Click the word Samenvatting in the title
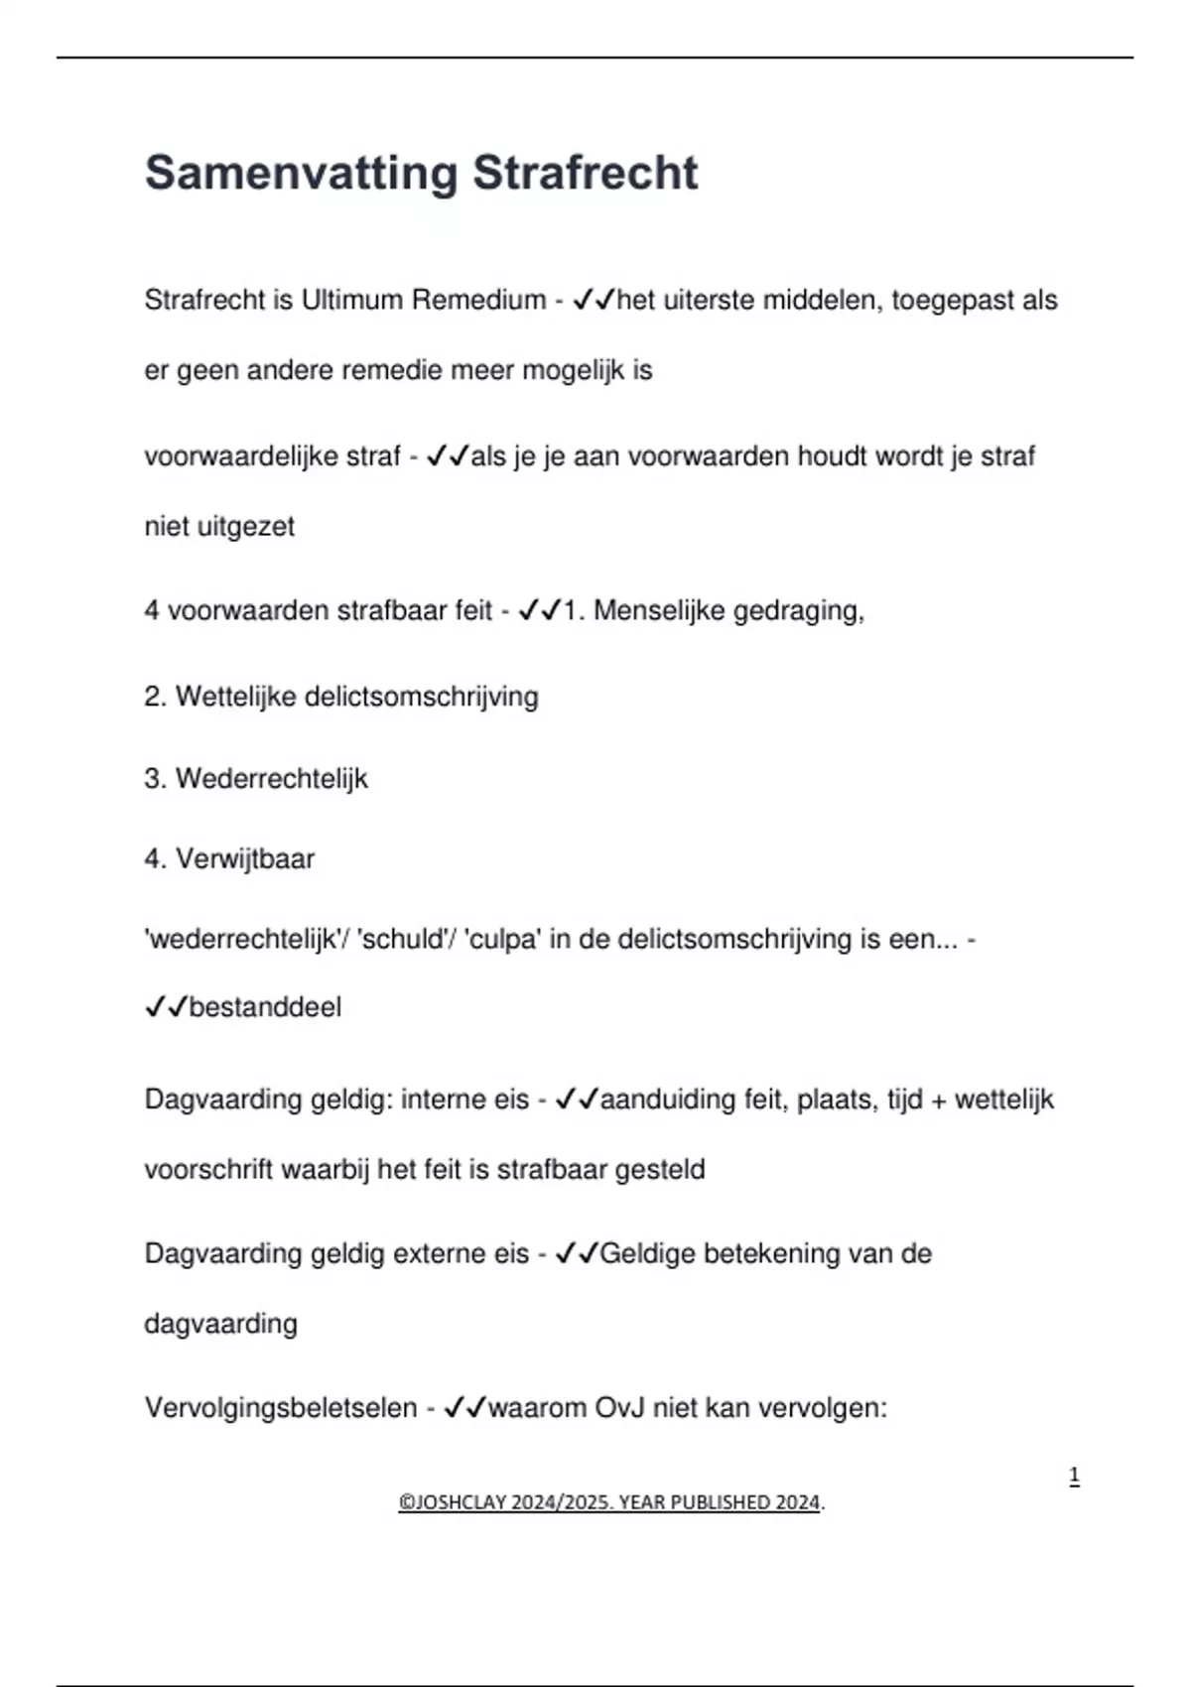tap(301, 174)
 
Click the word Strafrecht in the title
tap(585, 174)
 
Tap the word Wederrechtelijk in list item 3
tap(271, 779)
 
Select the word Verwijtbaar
tap(244, 858)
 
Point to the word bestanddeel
tap(265, 1007)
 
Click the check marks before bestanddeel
tap(166, 1007)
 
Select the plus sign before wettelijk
tap(939, 1101)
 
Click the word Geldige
tap(647, 1253)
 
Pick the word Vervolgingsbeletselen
tap(281, 1407)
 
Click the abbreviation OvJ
tap(620, 1407)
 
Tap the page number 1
tap(1074, 1477)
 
